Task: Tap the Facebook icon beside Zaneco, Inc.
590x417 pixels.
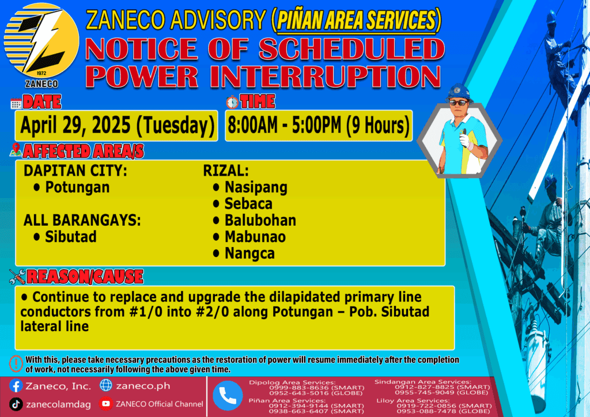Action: pyautogui.click(x=16, y=386)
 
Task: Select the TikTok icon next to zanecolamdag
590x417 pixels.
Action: pyautogui.click(x=16, y=404)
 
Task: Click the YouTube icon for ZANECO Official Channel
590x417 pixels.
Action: pyautogui.click(x=106, y=404)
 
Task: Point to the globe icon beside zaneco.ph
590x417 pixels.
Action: pyautogui.click(x=106, y=385)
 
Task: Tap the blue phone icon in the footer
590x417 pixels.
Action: pyautogui.click(x=228, y=396)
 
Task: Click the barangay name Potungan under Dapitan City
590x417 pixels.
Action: pyautogui.click(x=77, y=187)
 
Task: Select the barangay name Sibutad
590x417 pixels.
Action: pyautogui.click(x=71, y=237)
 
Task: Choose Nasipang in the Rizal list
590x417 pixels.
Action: pyautogui.click(x=256, y=187)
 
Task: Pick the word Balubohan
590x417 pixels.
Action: pyautogui.click(x=260, y=221)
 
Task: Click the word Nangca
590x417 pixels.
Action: pyautogui.click(x=250, y=253)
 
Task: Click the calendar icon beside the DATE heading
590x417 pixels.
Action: pyautogui.click(x=16, y=104)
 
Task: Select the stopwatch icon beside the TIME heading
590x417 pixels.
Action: pyautogui.click(x=232, y=102)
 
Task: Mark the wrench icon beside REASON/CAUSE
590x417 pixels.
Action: pyautogui.click(x=17, y=276)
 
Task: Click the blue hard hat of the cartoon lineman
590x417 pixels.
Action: pyautogui.click(x=458, y=93)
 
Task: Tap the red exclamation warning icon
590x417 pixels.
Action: pyautogui.click(x=16, y=363)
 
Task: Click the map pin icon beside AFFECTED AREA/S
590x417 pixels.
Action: pyautogui.click(x=16, y=150)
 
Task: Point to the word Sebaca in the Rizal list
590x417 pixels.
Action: pyautogui.click(x=248, y=204)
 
